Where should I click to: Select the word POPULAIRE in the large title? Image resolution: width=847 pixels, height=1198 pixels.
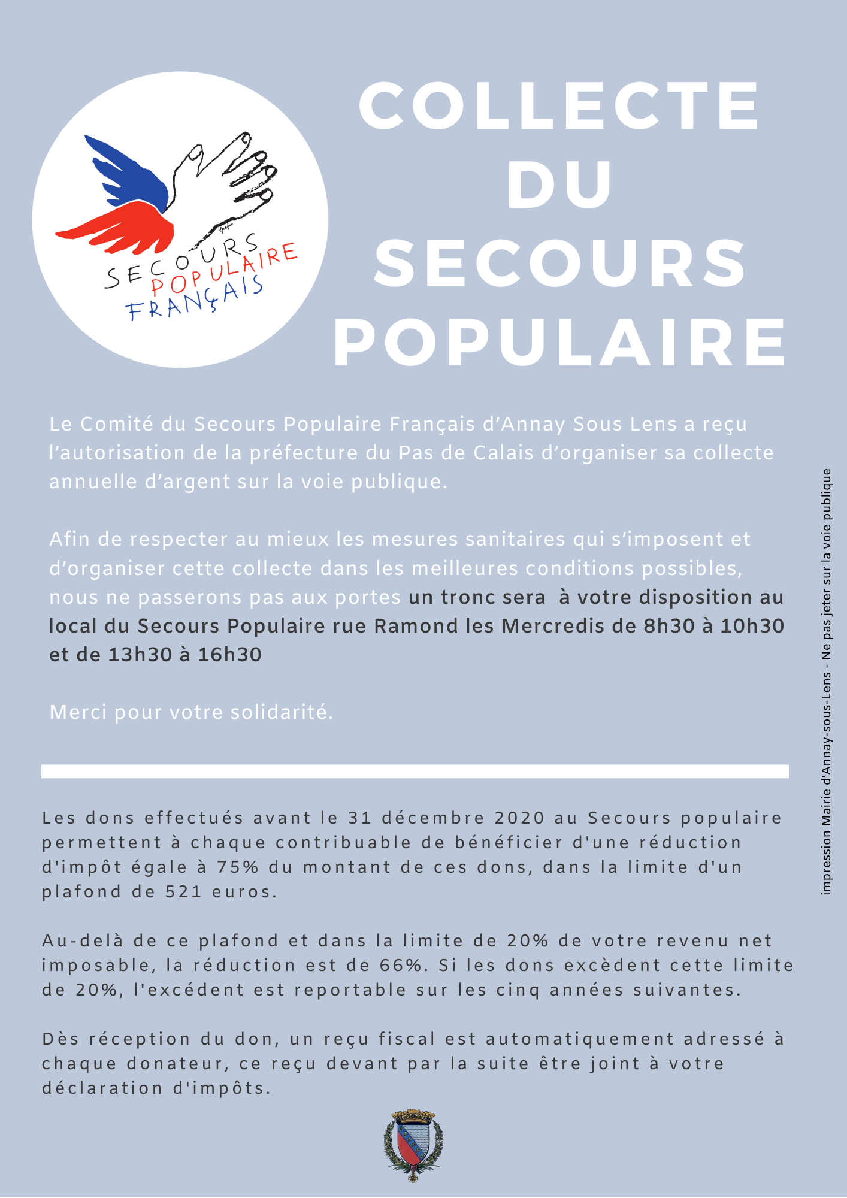coord(560,343)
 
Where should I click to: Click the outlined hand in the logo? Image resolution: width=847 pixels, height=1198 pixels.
coord(222,180)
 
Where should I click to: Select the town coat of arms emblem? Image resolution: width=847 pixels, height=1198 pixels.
coord(413,1145)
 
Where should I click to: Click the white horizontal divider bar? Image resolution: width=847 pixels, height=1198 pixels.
coord(415,771)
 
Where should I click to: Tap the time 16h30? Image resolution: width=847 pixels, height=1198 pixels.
coord(230,655)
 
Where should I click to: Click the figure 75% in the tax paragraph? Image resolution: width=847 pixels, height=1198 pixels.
coord(238,867)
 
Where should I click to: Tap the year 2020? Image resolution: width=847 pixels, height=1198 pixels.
coord(520,818)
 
